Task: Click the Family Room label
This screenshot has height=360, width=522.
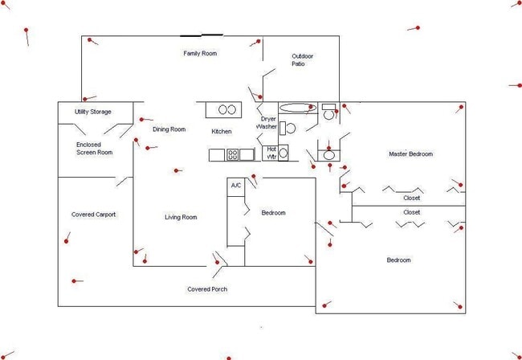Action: click(x=200, y=53)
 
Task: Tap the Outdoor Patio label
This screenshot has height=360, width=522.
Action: click(x=302, y=60)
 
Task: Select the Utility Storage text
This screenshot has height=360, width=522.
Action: click(x=92, y=112)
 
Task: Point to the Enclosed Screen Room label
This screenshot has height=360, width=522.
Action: click(x=95, y=149)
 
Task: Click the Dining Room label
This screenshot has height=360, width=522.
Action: click(x=169, y=129)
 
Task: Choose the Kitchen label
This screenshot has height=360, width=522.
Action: click(x=222, y=132)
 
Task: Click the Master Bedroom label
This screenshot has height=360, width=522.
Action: click(x=411, y=153)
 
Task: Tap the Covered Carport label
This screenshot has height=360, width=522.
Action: click(x=93, y=215)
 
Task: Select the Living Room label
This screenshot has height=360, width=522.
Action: click(x=181, y=217)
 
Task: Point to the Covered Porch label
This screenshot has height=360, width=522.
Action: click(x=207, y=289)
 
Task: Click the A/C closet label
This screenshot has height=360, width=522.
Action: click(x=235, y=185)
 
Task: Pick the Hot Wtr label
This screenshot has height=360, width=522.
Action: click(x=271, y=153)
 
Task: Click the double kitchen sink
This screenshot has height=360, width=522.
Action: click(x=227, y=109)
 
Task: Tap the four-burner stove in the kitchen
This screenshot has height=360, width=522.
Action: click(x=232, y=154)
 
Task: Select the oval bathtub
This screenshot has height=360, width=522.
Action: click(x=297, y=108)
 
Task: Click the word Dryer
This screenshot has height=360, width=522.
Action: click(x=268, y=119)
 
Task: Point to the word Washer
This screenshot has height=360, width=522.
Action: click(x=267, y=126)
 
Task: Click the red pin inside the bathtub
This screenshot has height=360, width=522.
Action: click(x=311, y=107)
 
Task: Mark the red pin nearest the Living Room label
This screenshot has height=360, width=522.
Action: click(x=176, y=171)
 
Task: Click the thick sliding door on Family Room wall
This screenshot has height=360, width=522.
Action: click(x=202, y=35)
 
